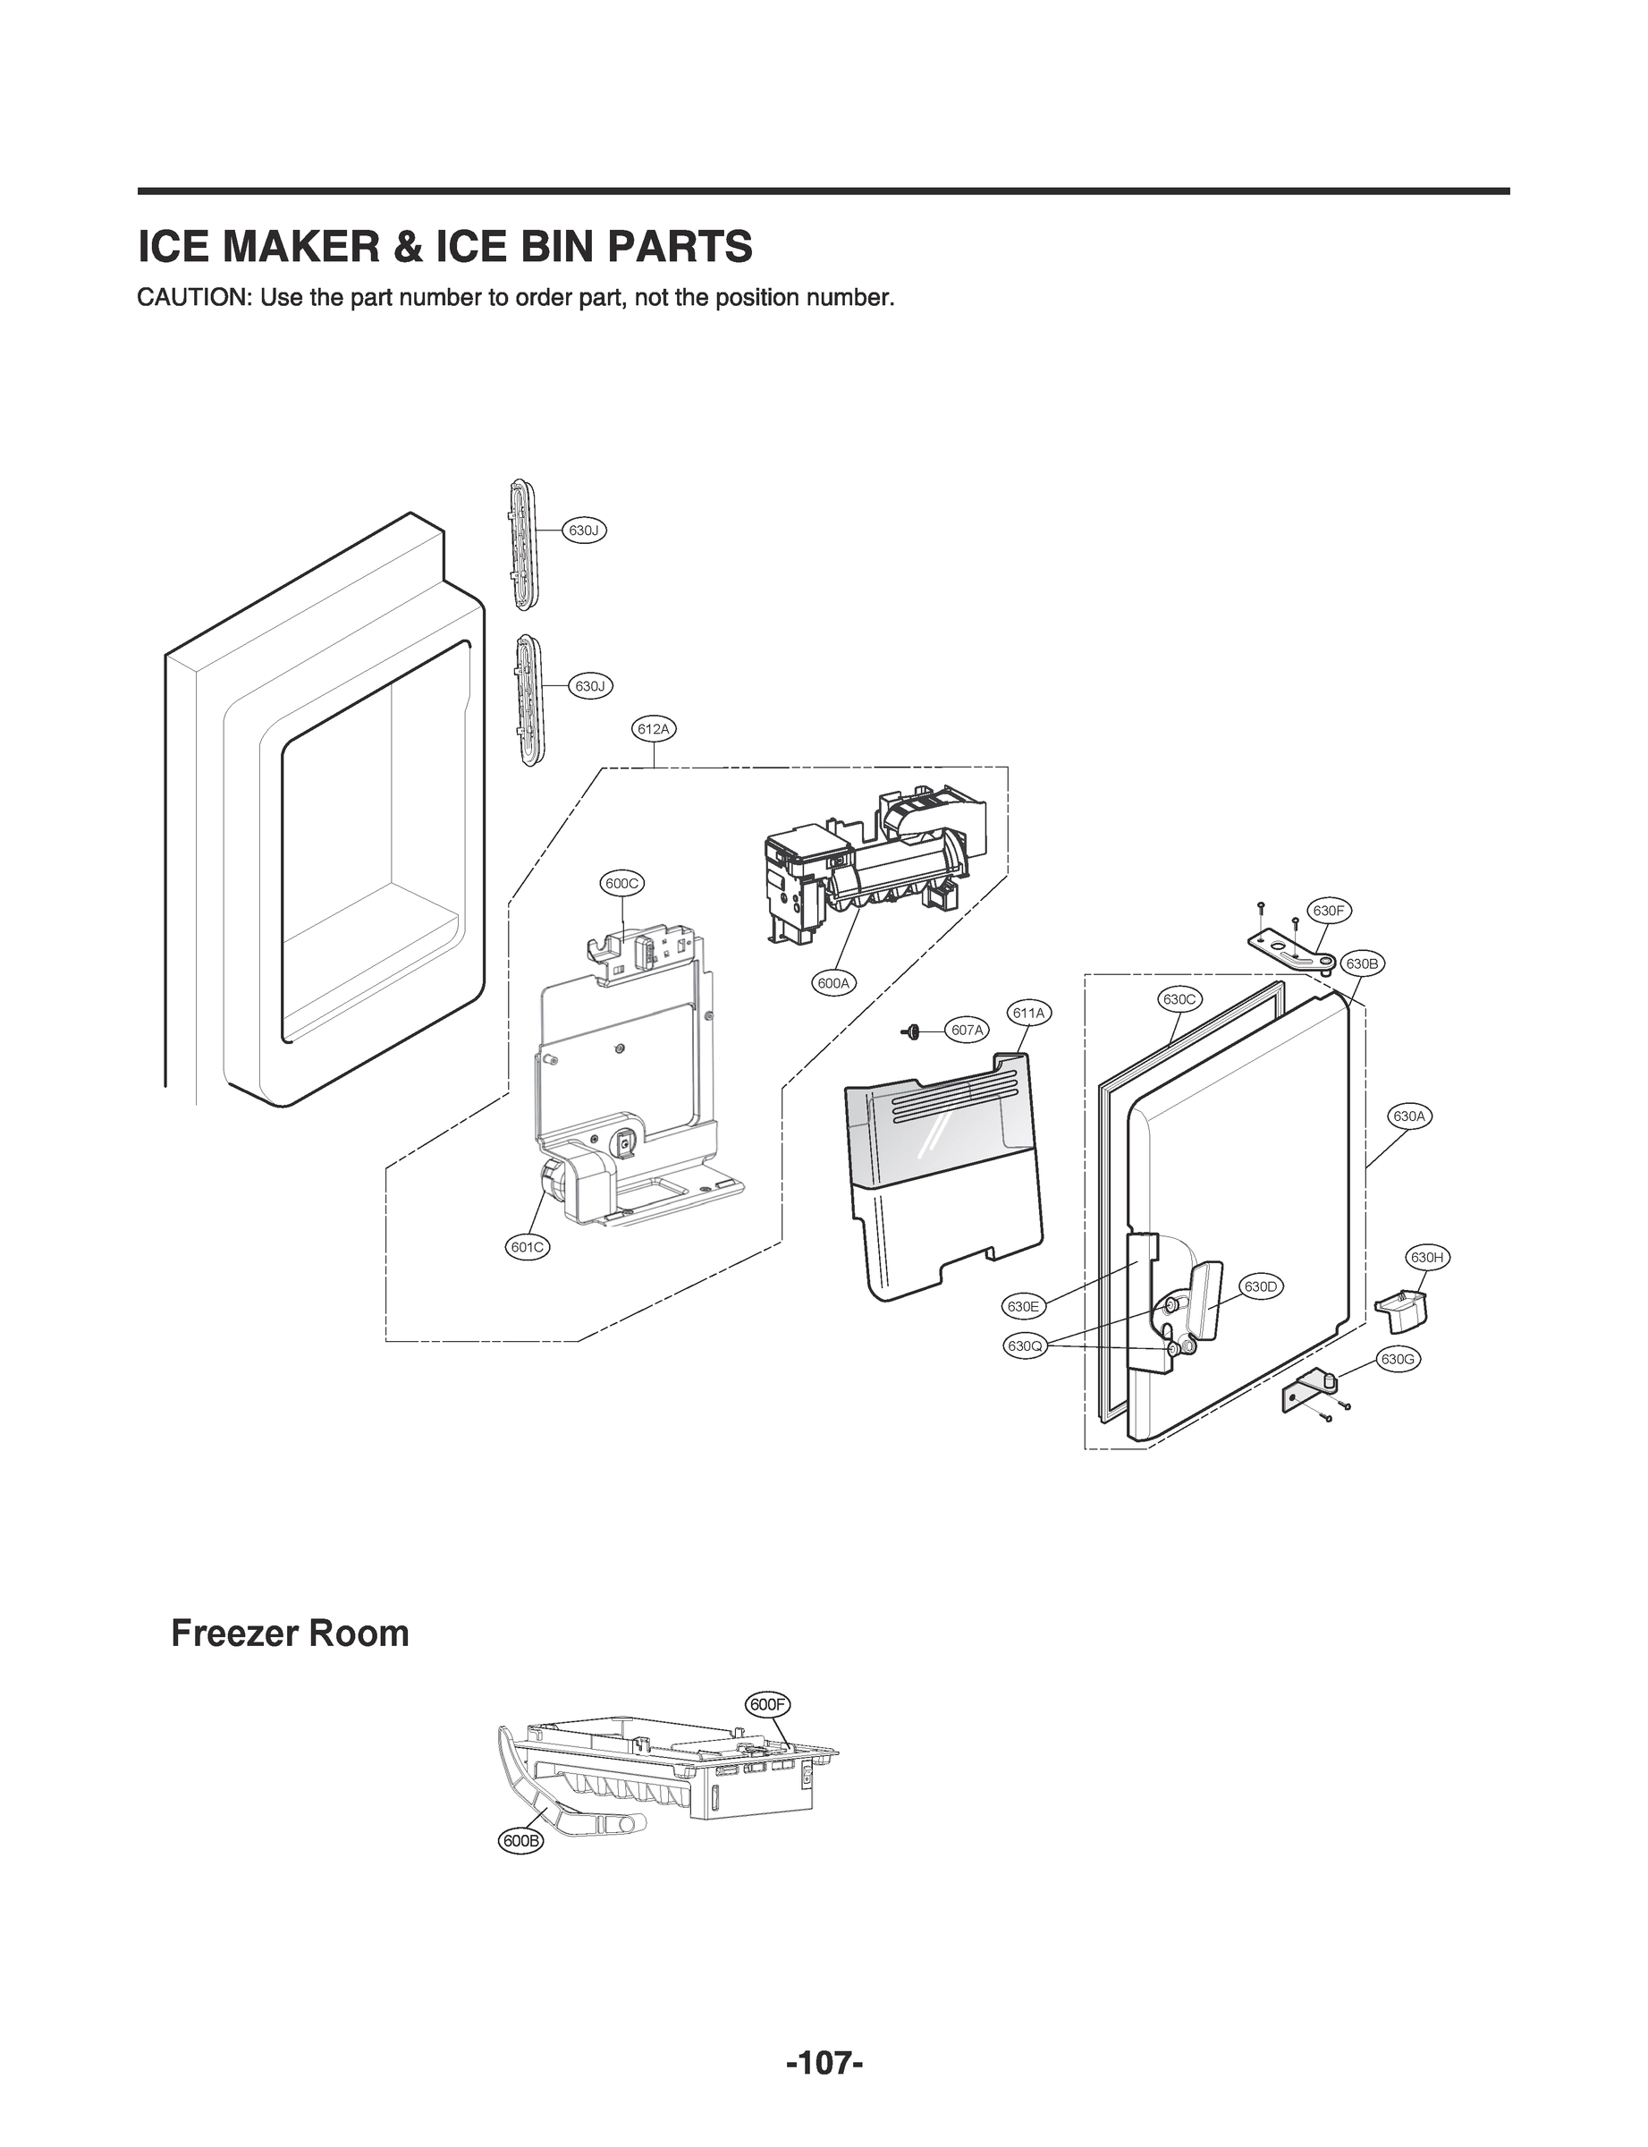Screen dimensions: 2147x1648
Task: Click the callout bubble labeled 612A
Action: pyautogui.click(x=654, y=729)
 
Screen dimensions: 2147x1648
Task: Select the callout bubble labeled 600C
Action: pyautogui.click(x=622, y=883)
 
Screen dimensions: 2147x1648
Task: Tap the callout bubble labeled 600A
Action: pyautogui.click(x=833, y=982)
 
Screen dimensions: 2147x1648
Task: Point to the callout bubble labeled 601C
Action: pyautogui.click(x=528, y=1247)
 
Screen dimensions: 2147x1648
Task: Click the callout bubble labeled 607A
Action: pyautogui.click(x=968, y=1030)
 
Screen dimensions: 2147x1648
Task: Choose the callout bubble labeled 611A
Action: pyautogui.click(x=1028, y=1012)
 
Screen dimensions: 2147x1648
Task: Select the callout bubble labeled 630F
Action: pyautogui.click(x=1328, y=911)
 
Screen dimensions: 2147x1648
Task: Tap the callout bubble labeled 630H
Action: pyautogui.click(x=1427, y=1257)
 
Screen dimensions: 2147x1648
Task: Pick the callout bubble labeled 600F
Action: pyautogui.click(x=768, y=1704)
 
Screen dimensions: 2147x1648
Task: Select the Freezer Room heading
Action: pyautogui.click(x=290, y=1634)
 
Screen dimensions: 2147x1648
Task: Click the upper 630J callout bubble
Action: pyautogui.click(x=584, y=530)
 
